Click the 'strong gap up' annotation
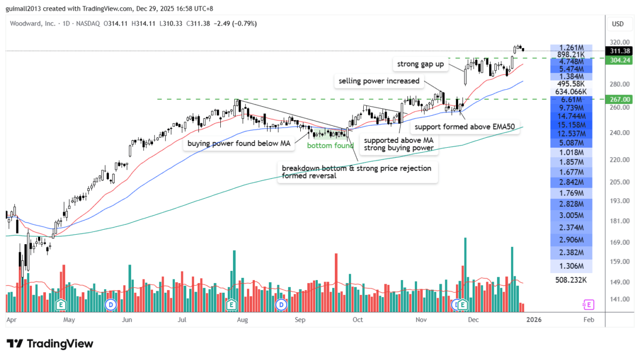point(420,65)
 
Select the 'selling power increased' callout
point(378,82)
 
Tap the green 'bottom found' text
point(330,146)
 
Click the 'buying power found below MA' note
point(238,143)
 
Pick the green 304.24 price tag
point(619,60)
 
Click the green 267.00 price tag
point(619,99)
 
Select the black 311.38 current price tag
point(619,51)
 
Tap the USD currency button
point(618,24)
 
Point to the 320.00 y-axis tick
point(618,42)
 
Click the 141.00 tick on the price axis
point(618,300)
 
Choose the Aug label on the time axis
point(242,320)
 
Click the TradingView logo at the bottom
point(50,344)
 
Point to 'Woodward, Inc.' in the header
point(33,24)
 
